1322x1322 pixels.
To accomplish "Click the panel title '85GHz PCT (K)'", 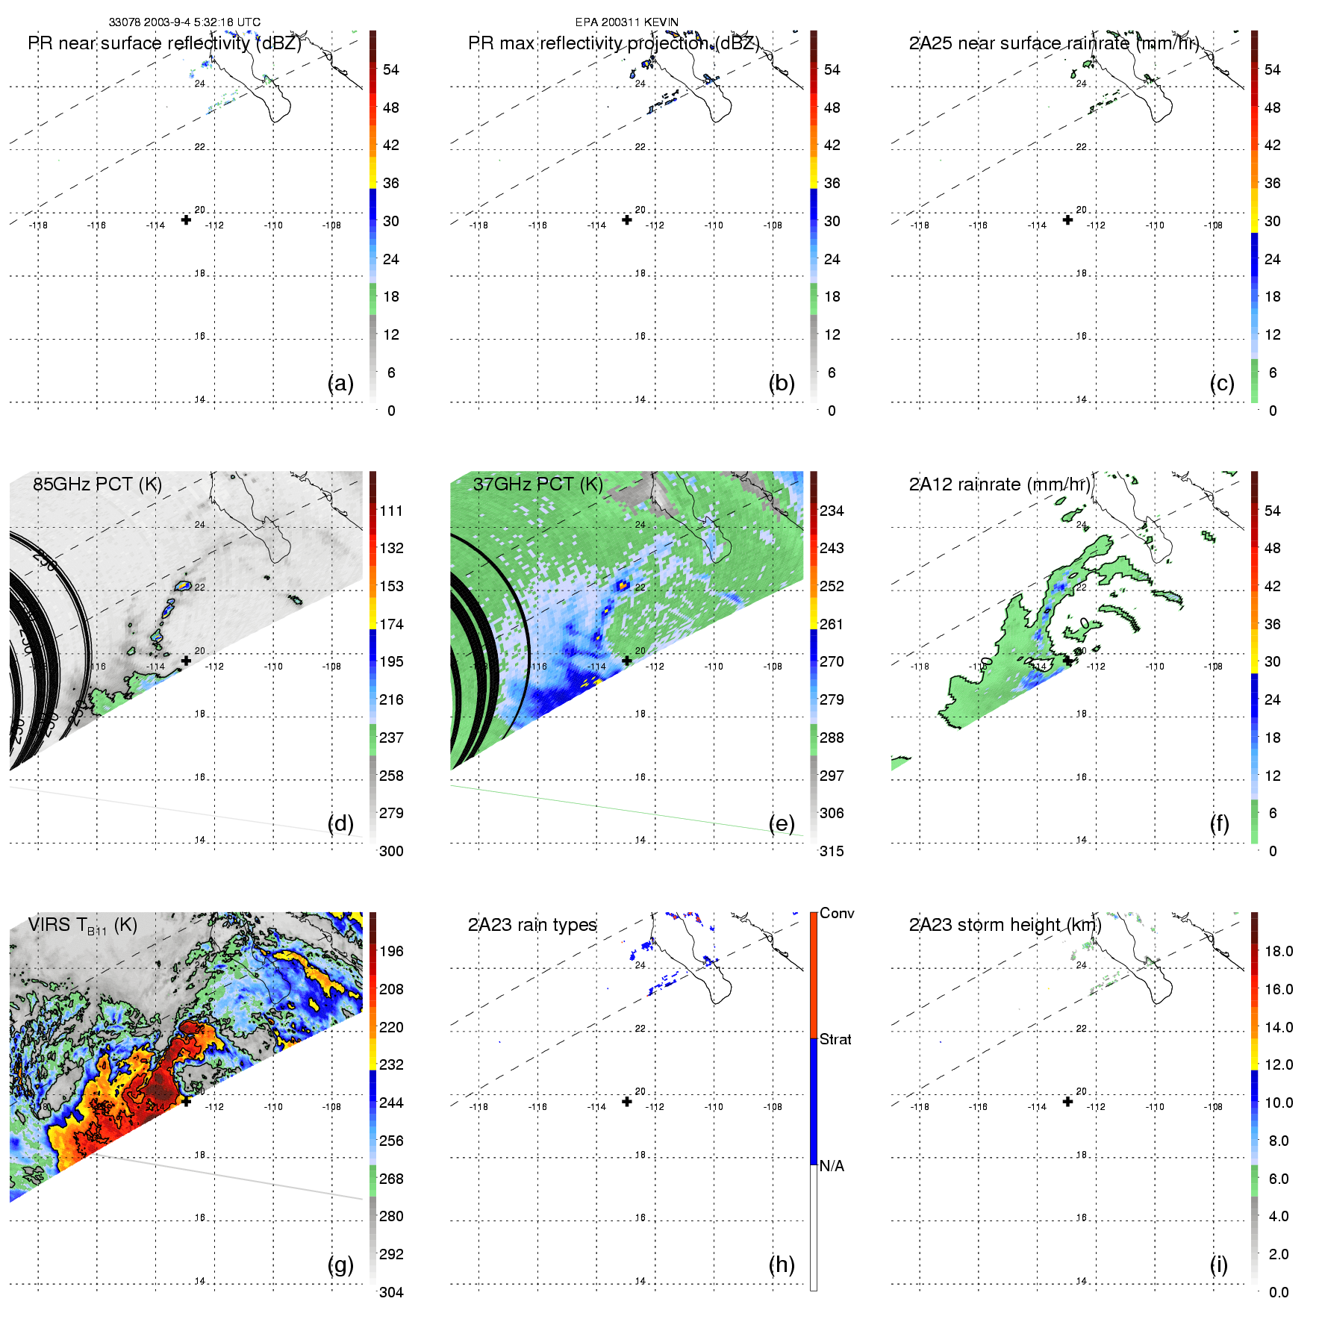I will point(97,484).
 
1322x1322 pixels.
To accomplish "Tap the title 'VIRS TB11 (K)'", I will point(82,926).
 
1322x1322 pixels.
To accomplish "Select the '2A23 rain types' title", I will point(532,926).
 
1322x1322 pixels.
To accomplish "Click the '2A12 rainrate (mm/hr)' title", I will point(1000,484).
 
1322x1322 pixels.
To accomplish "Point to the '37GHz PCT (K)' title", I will point(537,484).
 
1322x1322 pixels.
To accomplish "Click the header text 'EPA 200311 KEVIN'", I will point(626,22).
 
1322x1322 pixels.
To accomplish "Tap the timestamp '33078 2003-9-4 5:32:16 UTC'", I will point(184,22).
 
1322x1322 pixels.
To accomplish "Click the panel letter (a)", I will point(340,383).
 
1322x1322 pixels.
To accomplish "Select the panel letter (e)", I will point(782,823).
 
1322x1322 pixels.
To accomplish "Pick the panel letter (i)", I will point(1218,1265).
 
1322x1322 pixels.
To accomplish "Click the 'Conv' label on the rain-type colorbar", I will point(837,914).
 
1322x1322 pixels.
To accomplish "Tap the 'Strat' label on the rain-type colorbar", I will point(835,1040).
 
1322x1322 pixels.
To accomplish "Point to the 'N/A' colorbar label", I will point(832,1166).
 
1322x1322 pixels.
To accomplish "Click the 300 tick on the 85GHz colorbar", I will point(391,852).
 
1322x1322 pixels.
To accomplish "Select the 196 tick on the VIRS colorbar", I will point(391,952).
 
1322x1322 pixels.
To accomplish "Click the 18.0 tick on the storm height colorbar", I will point(1279,952).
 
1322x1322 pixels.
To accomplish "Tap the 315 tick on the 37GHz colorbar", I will point(832,852).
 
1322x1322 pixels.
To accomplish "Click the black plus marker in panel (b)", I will point(627,220).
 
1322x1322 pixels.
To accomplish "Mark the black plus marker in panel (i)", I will point(1068,1102).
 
